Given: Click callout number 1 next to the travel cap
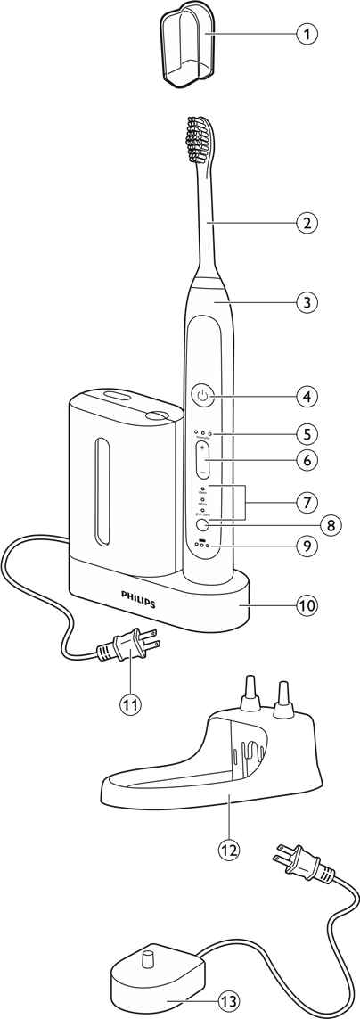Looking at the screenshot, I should click(x=307, y=35).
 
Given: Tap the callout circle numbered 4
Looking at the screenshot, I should click(x=307, y=394).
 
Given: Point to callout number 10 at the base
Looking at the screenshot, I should click(x=307, y=604).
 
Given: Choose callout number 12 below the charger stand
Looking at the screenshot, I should click(x=228, y=850).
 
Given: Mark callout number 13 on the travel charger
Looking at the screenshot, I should click(x=229, y=1001).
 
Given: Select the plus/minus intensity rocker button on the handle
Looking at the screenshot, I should click(x=203, y=459).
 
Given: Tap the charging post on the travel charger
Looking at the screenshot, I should click(x=149, y=961).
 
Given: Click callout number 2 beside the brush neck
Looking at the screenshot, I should click(x=307, y=223).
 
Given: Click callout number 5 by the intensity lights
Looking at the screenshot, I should click(x=307, y=434).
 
